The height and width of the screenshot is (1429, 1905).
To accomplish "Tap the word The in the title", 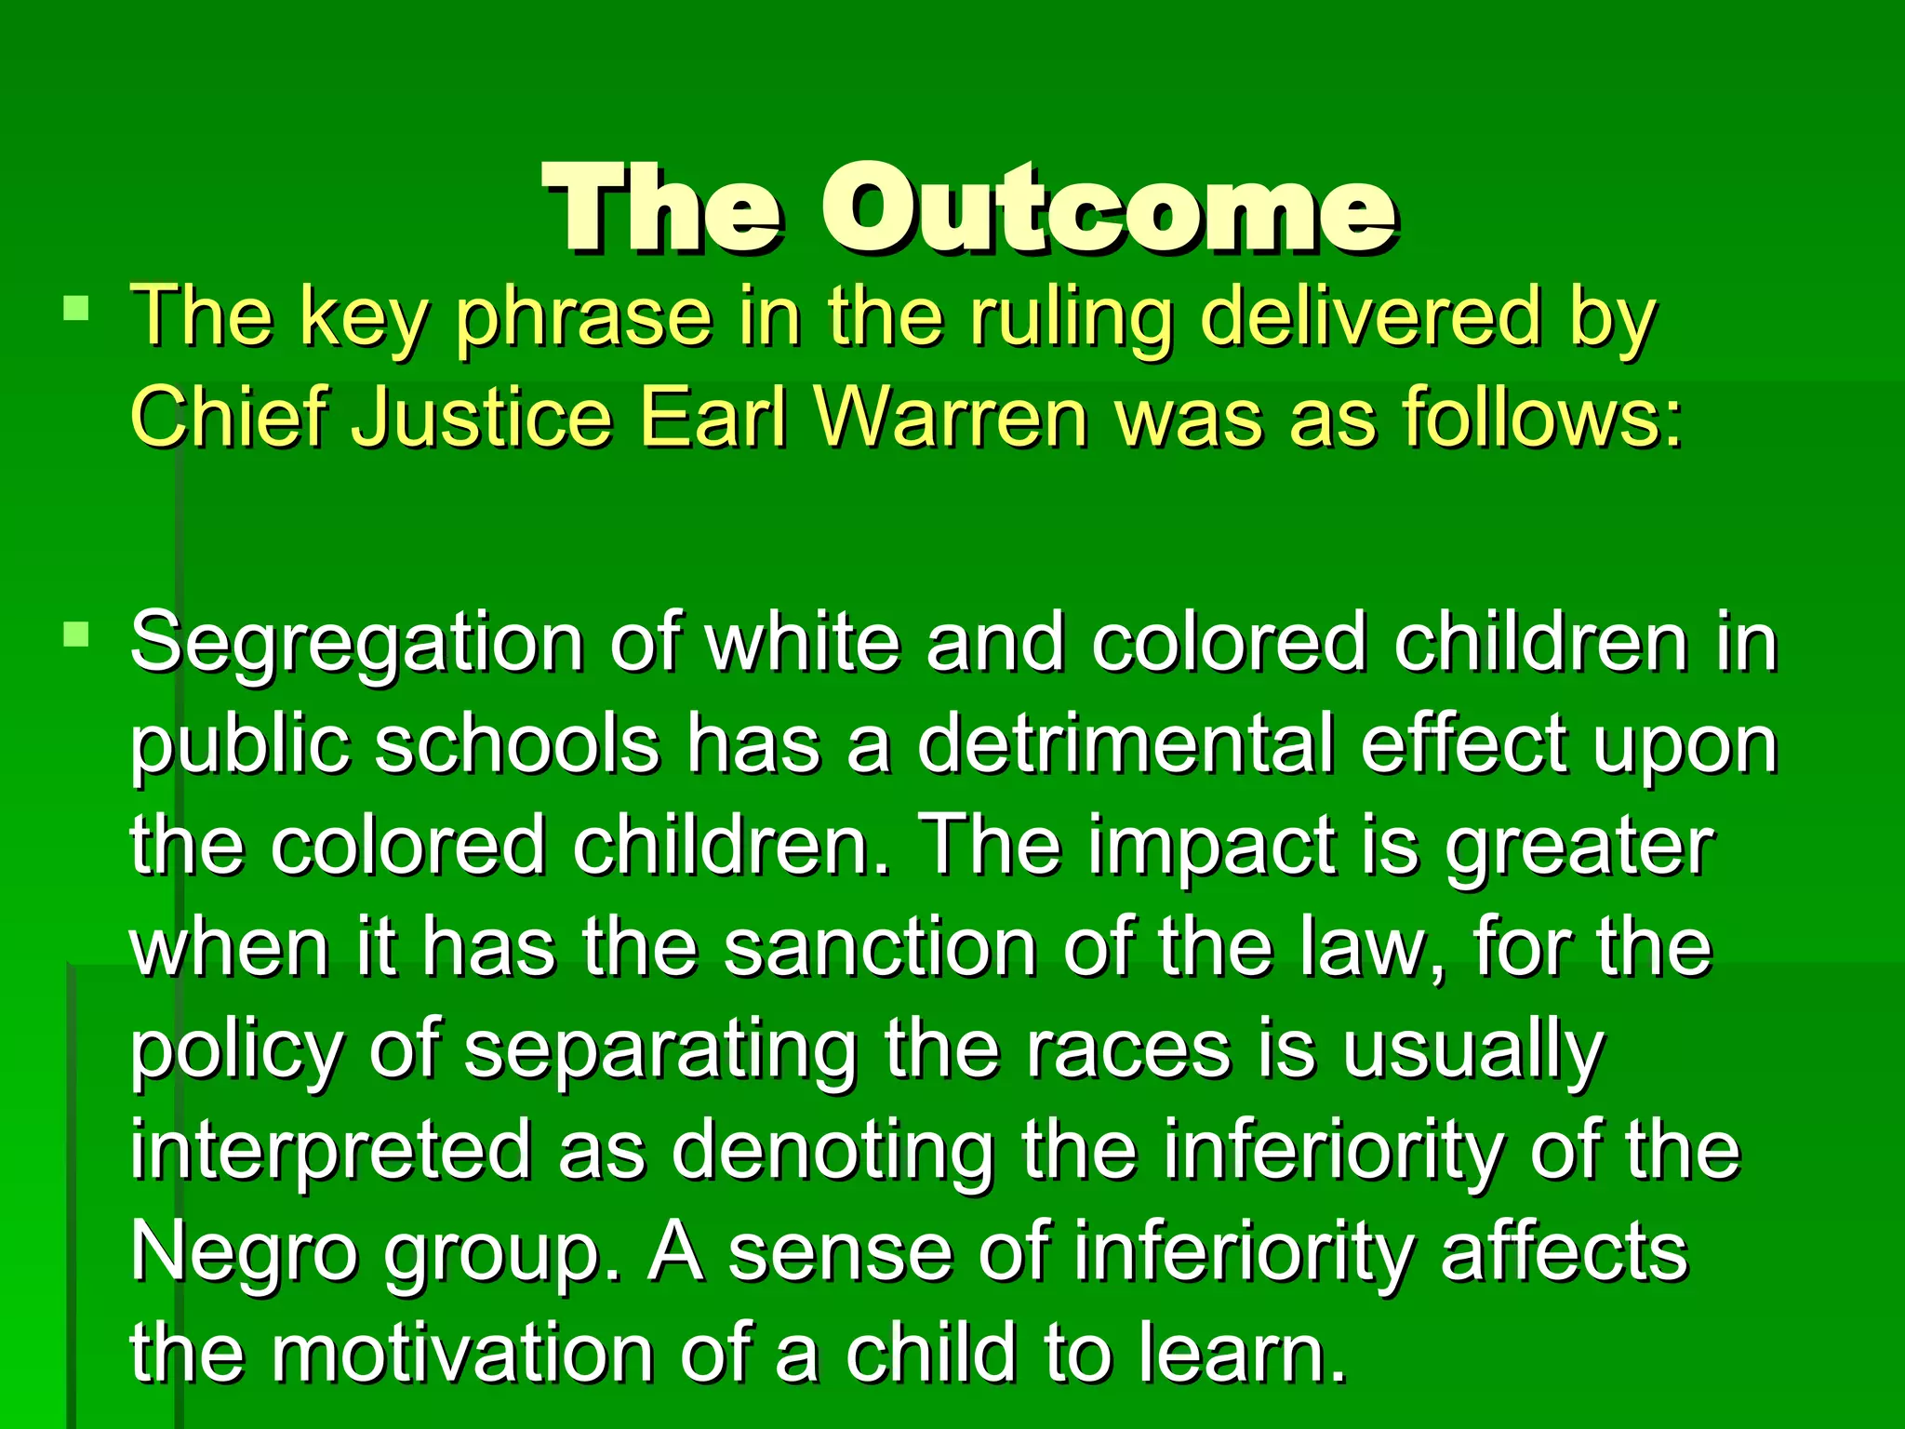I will (x=662, y=207).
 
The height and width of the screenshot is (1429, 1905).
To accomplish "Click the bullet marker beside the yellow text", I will (x=76, y=308).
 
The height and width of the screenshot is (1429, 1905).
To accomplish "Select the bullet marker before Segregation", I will (x=76, y=635).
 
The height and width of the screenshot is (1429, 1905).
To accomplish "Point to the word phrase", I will (x=583, y=319).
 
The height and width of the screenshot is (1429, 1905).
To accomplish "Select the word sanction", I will (x=880, y=949).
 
